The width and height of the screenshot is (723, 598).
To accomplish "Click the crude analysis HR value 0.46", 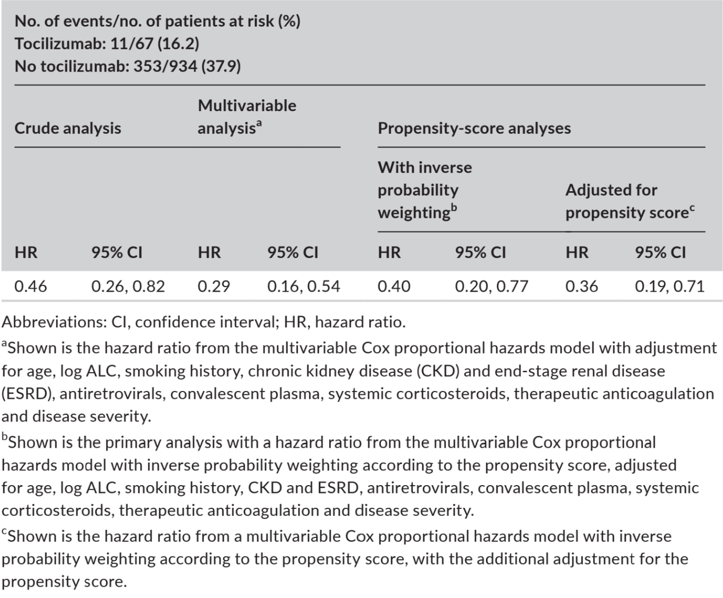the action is tap(31, 287).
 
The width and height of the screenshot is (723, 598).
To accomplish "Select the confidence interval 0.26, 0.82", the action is tap(128, 287).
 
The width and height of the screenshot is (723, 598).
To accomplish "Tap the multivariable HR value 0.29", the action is tap(213, 287).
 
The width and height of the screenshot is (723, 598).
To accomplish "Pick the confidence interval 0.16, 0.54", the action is tap(304, 287).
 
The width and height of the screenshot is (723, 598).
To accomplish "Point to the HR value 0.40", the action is tap(394, 287).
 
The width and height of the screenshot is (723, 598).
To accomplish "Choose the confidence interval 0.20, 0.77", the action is tap(491, 287).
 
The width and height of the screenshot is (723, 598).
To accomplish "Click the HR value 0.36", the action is tap(582, 287).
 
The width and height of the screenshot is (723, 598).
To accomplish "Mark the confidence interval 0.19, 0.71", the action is tap(670, 287).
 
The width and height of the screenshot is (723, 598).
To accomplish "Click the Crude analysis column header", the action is tap(68, 129).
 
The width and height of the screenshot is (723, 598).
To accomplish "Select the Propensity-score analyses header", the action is tap(474, 128).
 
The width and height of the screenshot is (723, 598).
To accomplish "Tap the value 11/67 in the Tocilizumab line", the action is tap(132, 44).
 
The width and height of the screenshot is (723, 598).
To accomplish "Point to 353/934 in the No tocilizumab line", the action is tap(166, 66).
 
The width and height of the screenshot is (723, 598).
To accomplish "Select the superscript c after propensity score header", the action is tap(692, 208).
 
